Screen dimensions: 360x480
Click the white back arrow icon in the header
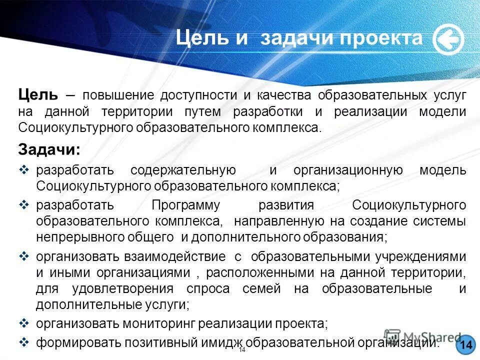click(448, 40)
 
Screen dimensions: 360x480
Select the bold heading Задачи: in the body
click(48, 149)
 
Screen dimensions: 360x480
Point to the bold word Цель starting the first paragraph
click(38, 94)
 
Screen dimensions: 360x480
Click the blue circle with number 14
click(465, 345)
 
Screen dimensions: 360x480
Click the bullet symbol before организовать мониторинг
click(28, 323)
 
